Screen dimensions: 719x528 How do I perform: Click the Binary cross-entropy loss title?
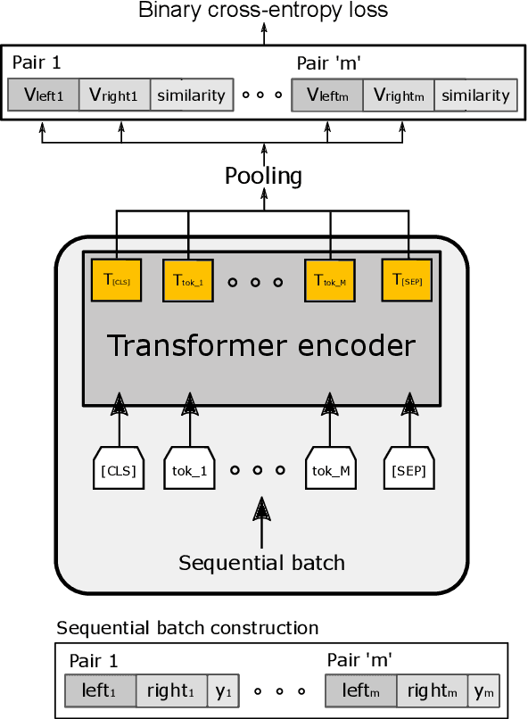263,11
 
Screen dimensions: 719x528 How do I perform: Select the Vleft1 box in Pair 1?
43,95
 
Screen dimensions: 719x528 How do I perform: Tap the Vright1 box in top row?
114,95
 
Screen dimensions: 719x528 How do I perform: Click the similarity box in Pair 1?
187,95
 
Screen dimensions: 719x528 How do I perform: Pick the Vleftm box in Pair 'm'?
327,95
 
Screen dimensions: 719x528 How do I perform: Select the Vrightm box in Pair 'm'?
399,95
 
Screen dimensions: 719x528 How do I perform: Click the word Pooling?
263,176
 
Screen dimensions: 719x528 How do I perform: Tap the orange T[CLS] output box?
117,279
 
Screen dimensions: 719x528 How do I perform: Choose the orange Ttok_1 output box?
189,279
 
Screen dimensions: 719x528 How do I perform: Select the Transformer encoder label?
261,345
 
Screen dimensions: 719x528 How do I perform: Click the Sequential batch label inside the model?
261,563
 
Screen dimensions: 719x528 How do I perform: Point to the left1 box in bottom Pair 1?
100,690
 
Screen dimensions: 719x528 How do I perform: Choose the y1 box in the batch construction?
224,690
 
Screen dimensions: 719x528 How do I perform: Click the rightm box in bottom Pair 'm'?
432,690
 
